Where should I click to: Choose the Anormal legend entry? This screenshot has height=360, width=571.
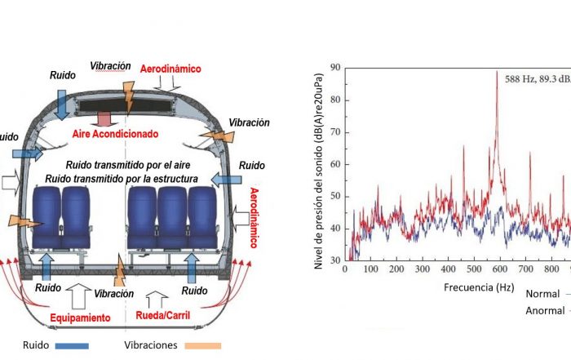[545, 310]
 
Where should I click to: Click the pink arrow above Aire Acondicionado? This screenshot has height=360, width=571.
[104, 116]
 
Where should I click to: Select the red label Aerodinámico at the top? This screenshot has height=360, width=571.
[170, 69]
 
